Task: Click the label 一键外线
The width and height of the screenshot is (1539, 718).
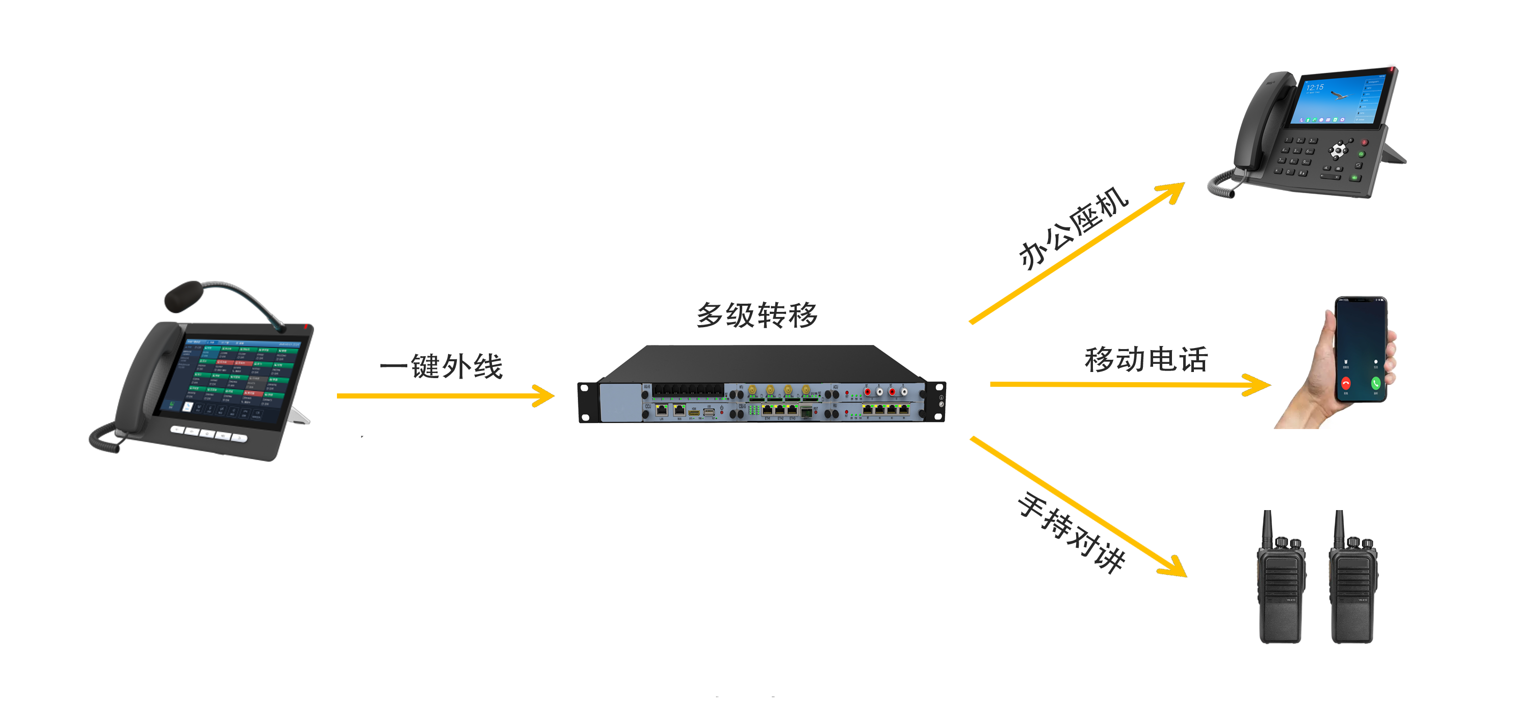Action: click(441, 366)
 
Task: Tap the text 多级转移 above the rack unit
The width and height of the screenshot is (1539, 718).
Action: click(757, 315)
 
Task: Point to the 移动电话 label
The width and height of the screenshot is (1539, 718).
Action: click(1146, 360)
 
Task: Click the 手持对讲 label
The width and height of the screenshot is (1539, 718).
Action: click(1071, 531)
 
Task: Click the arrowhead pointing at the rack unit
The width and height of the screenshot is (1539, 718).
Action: click(543, 395)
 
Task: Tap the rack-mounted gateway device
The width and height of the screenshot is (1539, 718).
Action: click(761, 385)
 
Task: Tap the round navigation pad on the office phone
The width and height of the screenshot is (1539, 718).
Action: click(1338, 149)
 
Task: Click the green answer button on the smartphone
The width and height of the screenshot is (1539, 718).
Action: click(1375, 383)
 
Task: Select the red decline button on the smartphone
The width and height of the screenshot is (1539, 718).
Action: click(1345, 383)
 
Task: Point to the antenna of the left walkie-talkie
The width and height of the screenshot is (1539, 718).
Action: click(1266, 526)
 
